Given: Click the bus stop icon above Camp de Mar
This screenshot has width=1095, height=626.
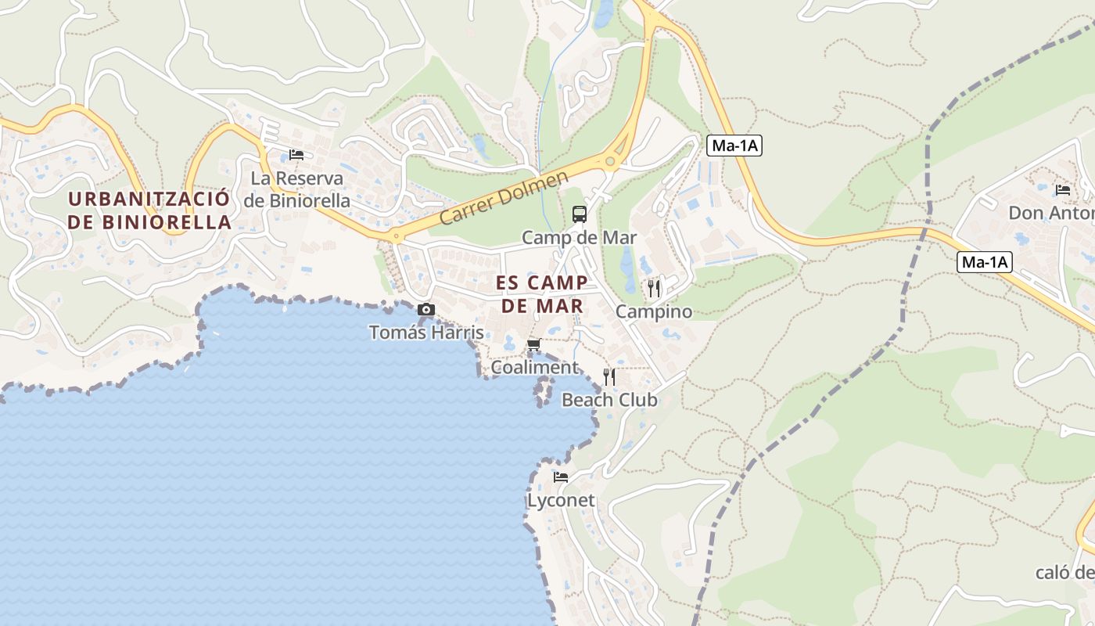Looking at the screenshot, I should (580, 214).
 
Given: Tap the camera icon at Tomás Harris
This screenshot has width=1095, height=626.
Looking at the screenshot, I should (426, 310).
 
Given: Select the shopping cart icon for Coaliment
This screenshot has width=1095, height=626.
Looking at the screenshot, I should (534, 344).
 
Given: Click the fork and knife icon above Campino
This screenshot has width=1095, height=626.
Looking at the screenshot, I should (654, 288).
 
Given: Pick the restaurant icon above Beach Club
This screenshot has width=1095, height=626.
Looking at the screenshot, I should (609, 377).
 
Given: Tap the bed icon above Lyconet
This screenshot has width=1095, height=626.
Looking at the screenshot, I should (561, 477).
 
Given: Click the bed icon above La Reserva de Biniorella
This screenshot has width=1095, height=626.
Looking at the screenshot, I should (296, 154).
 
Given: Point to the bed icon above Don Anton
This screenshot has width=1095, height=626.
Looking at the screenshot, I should (1062, 189).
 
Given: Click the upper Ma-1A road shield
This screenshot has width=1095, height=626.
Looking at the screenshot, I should (734, 146).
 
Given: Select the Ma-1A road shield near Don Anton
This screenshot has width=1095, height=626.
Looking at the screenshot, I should (985, 262).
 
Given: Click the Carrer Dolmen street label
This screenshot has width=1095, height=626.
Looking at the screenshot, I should (504, 199).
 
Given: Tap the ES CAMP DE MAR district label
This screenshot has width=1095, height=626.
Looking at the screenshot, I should (543, 293).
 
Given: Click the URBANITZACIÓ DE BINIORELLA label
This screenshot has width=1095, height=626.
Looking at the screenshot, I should (149, 210).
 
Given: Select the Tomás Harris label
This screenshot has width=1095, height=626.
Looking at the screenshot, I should (426, 332).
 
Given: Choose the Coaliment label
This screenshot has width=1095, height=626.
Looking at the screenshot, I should (535, 367).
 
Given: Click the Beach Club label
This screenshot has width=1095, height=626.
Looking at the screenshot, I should (609, 400).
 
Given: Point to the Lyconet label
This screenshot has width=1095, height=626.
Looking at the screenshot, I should (561, 500).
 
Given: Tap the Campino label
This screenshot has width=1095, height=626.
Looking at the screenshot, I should (654, 311).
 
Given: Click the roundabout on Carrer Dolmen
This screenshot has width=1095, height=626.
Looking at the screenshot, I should (609, 161).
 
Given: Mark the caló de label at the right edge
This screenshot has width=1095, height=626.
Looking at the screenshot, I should (1064, 572).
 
